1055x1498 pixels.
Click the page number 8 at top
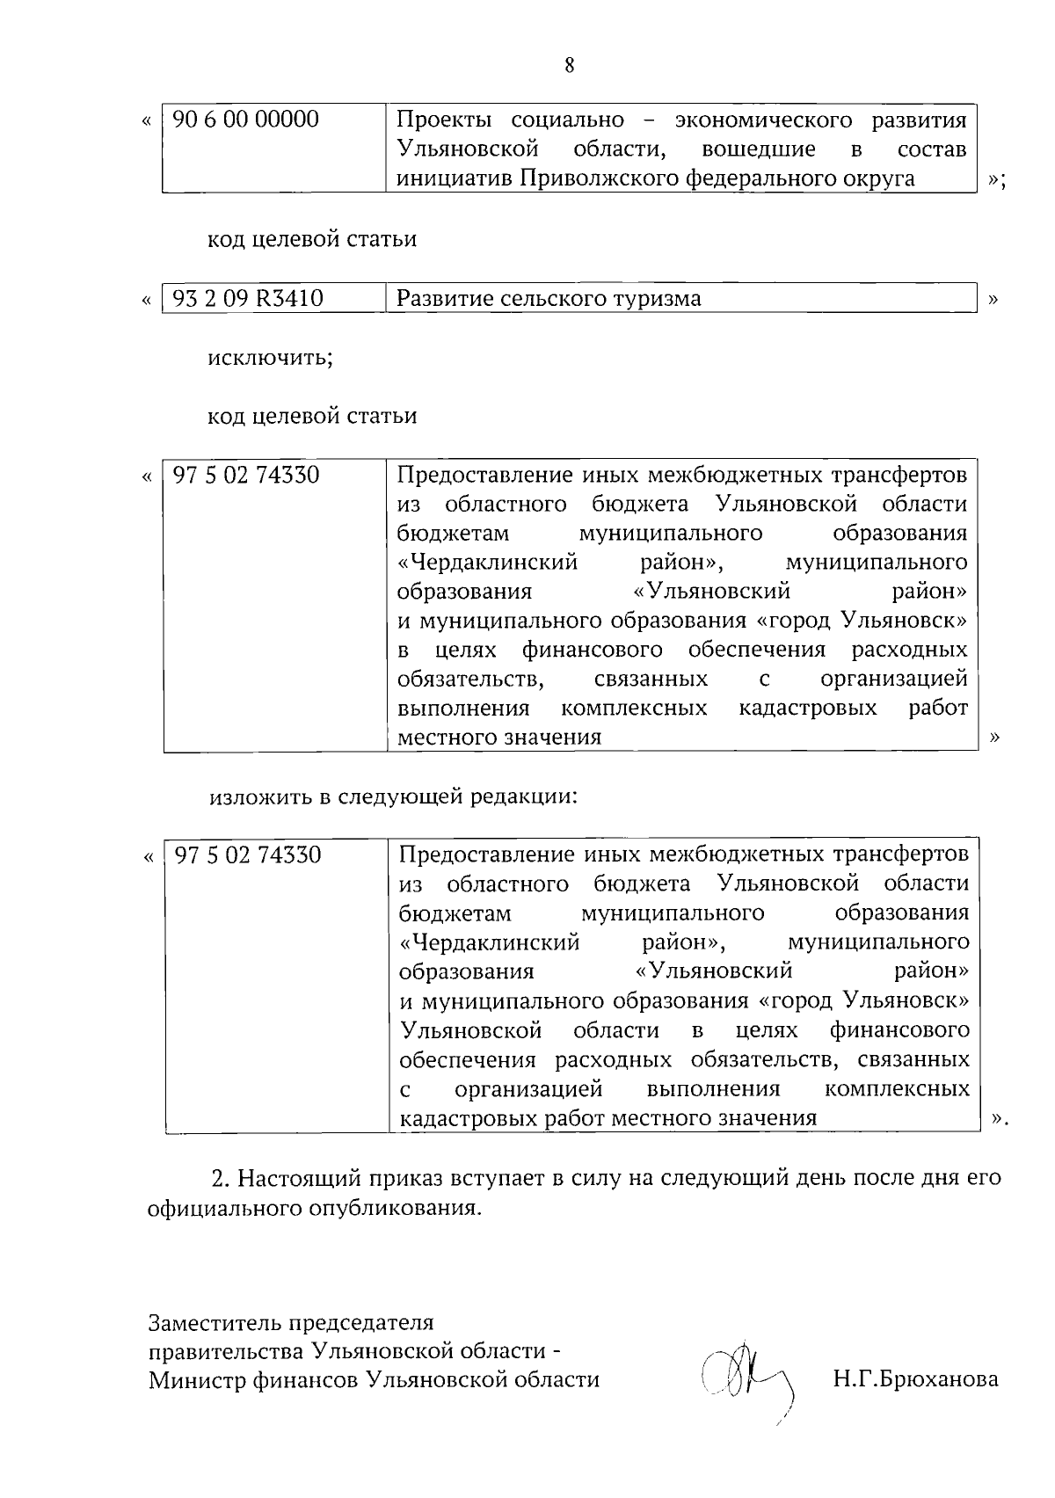569,66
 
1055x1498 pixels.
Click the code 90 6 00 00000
245,120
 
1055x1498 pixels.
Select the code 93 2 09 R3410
248,299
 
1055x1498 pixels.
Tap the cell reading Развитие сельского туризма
549,299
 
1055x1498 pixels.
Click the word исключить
270,359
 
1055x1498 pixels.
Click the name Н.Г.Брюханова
915,1378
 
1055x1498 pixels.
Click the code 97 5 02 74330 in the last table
248,854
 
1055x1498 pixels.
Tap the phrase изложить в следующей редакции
393,797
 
